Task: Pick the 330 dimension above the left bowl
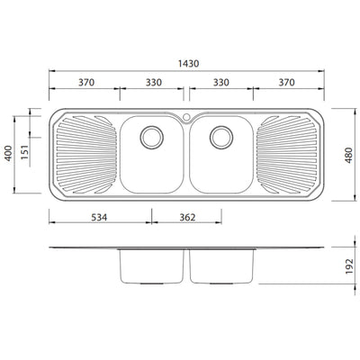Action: click(153, 82)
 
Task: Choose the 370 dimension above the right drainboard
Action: click(286, 82)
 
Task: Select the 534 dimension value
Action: click(99, 218)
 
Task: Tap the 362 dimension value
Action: click(186, 218)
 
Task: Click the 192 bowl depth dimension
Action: click(349, 267)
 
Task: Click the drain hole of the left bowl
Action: click(151, 139)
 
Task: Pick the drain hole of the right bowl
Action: click(220, 139)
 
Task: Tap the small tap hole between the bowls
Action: click(186, 117)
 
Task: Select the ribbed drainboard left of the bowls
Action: click(86, 156)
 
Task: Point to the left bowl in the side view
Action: click(151, 266)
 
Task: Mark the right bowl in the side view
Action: click(222, 266)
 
